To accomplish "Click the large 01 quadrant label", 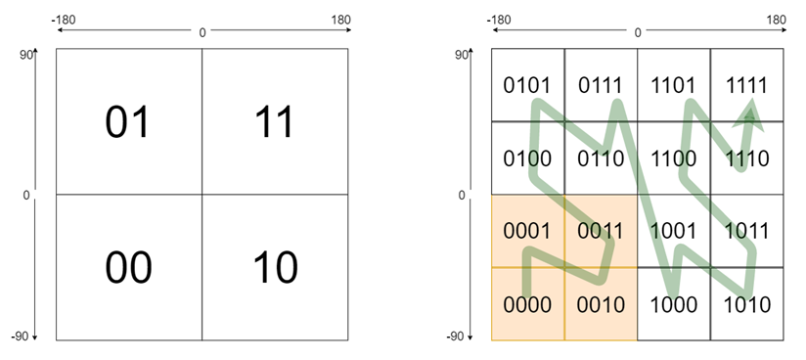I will (128, 123).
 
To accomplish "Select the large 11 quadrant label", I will (275, 123).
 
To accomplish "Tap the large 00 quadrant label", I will (128, 267).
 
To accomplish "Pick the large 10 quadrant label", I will (275, 267).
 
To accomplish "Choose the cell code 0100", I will (527, 157).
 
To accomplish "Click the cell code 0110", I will (601, 157).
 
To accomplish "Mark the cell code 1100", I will (674, 157).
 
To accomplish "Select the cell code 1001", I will (674, 232).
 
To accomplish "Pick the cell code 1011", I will (747, 232).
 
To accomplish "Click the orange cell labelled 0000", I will (527, 304).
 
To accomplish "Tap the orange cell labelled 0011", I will (601, 232).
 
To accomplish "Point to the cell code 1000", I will (674, 304).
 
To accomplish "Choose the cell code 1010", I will (747, 304).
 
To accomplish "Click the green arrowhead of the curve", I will (749, 112).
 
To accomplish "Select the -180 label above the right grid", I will (498, 20).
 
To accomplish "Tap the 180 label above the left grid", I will (339, 20).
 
